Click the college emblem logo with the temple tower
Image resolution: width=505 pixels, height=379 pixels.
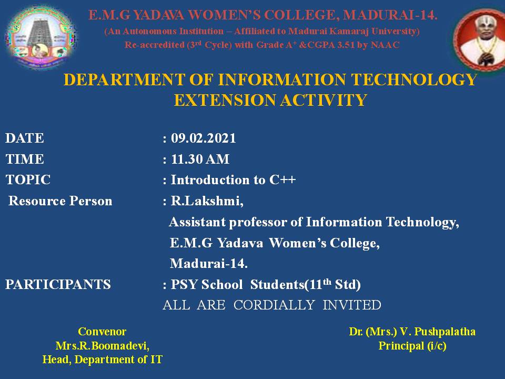click(41, 37)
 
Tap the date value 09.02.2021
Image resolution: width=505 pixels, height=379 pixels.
click(203, 138)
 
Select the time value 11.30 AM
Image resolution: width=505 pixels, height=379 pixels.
click(200, 159)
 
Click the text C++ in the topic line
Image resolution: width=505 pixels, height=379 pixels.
click(282, 180)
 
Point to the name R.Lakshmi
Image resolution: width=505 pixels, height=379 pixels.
click(207, 201)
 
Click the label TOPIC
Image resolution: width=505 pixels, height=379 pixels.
click(28, 180)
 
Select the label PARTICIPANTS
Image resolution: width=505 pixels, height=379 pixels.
click(58, 285)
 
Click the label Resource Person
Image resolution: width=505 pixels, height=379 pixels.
click(60, 201)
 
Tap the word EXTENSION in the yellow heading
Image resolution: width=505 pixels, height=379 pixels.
click(225, 100)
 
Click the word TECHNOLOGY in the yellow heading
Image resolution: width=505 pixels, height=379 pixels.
click(414, 79)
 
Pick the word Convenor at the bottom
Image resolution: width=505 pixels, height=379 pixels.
click(102, 332)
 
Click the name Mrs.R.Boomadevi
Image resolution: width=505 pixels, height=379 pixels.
click(102, 346)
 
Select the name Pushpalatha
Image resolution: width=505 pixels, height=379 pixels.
click(445, 332)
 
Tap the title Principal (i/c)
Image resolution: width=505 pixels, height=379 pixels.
click(412, 346)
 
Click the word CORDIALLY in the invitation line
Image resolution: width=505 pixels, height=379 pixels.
click(274, 305)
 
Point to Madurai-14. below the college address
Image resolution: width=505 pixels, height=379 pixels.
click(209, 264)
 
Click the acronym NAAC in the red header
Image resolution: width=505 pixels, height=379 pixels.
click(385, 45)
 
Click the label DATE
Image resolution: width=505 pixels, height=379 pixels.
click(25, 138)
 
